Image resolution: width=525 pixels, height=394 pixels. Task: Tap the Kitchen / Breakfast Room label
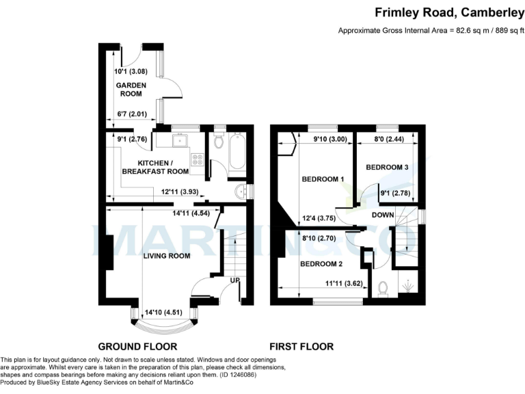point(163,166)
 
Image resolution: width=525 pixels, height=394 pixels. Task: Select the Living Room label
point(166,256)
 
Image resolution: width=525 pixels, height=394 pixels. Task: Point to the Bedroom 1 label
point(322,179)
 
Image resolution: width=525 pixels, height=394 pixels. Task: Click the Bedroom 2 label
point(321,264)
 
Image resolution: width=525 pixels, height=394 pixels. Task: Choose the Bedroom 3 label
point(387,168)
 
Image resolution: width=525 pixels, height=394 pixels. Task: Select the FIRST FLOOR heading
point(301,347)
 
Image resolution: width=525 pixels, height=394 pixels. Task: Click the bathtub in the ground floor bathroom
point(237,153)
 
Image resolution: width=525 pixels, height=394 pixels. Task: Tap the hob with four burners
point(197,160)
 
